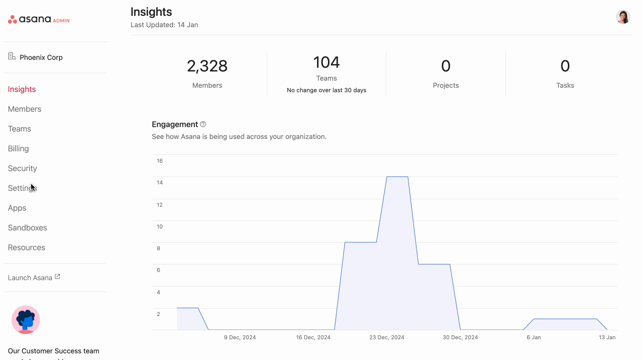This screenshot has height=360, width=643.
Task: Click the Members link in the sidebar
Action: click(x=25, y=109)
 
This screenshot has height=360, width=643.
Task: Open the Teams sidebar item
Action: click(x=19, y=129)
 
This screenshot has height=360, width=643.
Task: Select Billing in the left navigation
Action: click(x=18, y=148)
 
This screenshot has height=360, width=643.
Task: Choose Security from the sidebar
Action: click(x=22, y=168)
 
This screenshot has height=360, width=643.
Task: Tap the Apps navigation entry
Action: click(x=17, y=208)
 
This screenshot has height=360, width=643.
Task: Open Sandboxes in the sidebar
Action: click(x=27, y=227)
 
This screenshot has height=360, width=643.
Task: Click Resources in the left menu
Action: click(x=26, y=247)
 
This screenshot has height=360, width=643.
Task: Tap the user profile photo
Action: click(x=623, y=17)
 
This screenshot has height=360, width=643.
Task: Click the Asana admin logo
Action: click(x=39, y=20)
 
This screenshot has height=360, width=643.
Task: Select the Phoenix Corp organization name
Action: click(x=41, y=57)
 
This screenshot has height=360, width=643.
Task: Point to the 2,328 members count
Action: click(x=207, y=66)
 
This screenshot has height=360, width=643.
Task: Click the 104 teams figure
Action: click(x=326, y=62)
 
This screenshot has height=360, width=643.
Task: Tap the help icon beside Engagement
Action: click(x=203, y=125)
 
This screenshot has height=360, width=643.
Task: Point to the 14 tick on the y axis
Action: click(x=160, y=182)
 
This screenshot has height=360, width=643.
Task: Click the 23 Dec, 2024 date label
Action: click(x=387, y=337)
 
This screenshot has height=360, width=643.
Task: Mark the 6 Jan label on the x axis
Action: click(x=534, y=337)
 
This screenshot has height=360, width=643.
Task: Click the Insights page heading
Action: click(x=151, y=12)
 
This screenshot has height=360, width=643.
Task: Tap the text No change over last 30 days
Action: click(x=326, y=90)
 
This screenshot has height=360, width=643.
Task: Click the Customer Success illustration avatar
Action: click(x=26, y=319)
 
